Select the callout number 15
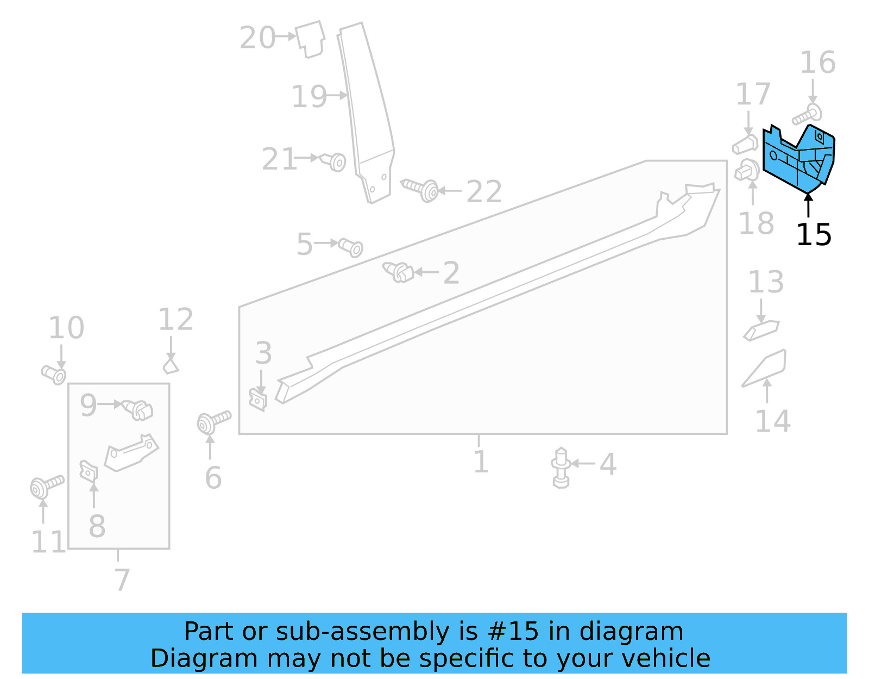814,235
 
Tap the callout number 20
257,38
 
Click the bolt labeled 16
807,115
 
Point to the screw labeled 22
421,189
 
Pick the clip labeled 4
561,468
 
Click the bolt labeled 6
213,422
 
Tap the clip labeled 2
399,271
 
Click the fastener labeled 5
350,247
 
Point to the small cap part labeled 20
310,39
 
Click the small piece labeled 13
761,330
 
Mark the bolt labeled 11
46,485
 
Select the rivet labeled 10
54,374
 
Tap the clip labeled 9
138,409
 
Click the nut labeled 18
747,171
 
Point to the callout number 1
481,462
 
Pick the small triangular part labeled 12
171,364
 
